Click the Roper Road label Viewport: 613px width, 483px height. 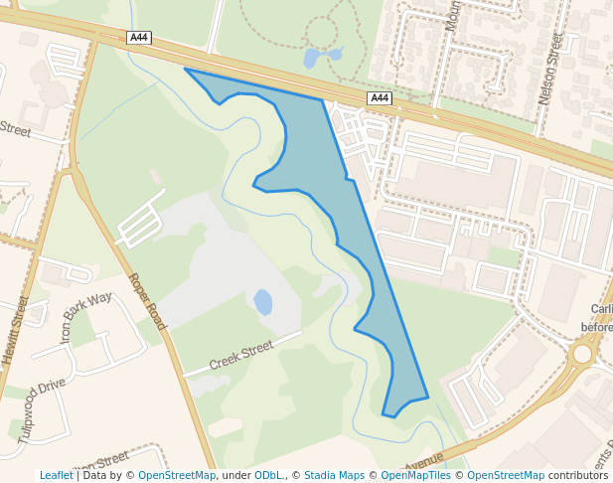(147, 301)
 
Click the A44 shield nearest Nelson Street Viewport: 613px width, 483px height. (380, 97)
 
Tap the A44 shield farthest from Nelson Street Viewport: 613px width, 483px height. (139, 38)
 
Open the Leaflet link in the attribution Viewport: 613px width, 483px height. (57, 475)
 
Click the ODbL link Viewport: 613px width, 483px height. (268, 475)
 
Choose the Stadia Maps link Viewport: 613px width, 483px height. (334, 475)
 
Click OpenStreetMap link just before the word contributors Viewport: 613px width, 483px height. (506, 475)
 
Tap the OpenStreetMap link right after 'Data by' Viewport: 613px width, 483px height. (177, 475)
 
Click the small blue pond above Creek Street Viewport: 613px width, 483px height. (263, 301)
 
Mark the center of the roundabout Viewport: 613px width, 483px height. (582, 354)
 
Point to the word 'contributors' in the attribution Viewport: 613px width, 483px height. (578, 475)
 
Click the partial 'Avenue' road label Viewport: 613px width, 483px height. (424, 462)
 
